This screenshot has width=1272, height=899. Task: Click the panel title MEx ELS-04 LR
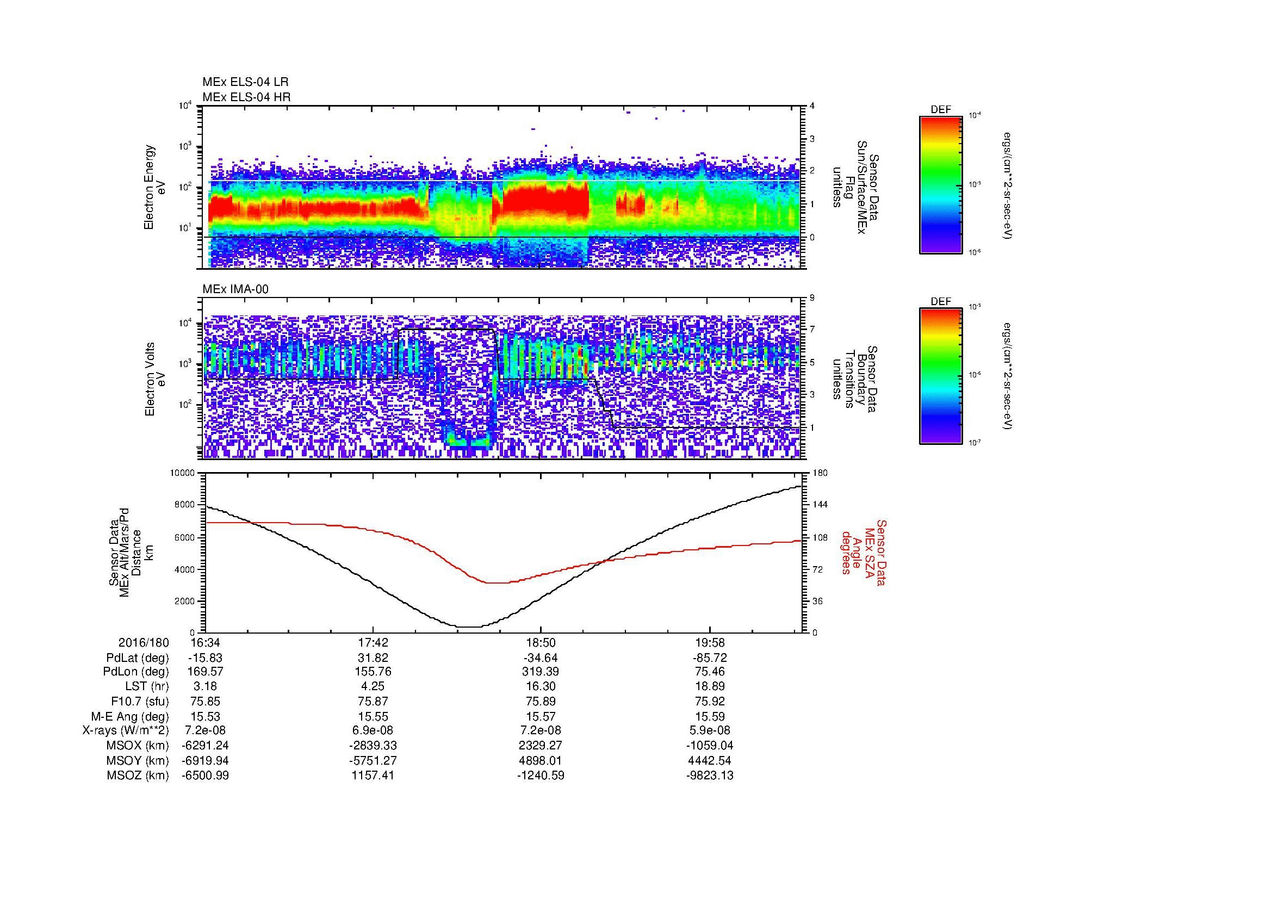pyautogui.click(x=245, y=82)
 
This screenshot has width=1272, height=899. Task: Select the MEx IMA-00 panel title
pyautogui.click(x=235, y=289)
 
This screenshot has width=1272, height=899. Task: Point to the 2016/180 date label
pyautogui.click(x=144, y=643)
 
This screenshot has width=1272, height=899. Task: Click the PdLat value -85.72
pyautogui.click(x=709, y=658)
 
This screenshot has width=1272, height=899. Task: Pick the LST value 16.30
pyautogui.click(x=541, y=687)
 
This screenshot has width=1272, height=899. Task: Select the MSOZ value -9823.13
pyautogui.click(x=709, y=776)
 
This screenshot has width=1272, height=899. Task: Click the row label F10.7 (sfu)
pyautogui.click(x=140, y=702)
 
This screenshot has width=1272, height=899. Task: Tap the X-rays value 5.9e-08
pyautogui.click(x=709, y=731)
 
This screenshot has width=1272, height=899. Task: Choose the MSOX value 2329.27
pyautogui.click(x=541, y=746)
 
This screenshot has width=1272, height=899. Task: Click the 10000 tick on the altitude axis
pyautogui.click(x=182, y=473)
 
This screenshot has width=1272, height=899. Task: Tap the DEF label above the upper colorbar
pyautogui.click(x=940, y=110)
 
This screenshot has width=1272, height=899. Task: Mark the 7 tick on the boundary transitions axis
pyautogui.click(x=812, y=330)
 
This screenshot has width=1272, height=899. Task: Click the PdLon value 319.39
pyautogui.click(x=541, y=672)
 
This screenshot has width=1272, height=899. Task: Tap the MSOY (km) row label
pyautogui.click(x=138, y=760)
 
